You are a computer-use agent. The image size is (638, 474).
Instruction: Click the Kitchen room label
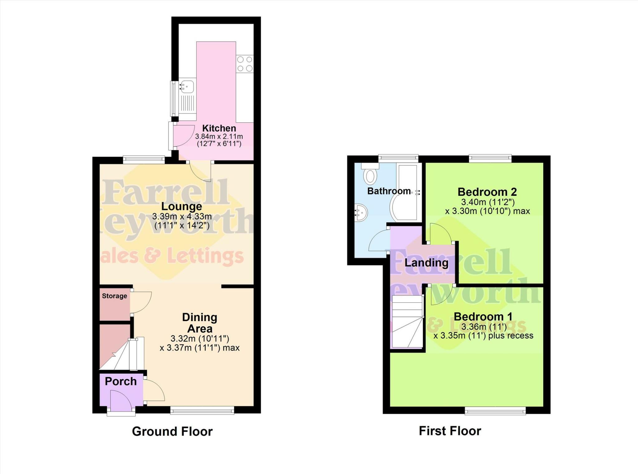pyautogui.click(x=219, y=128)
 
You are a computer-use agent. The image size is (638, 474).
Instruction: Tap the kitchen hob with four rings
pyautogui.click(x=245, y=64)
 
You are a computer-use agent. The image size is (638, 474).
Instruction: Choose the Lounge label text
pyautogui.click(x=182, y=206)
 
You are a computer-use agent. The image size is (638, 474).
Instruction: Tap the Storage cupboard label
pyautogui.click(x=114, y=296)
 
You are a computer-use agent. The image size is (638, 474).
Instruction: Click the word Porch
pyautogui.click(x=121, y=381)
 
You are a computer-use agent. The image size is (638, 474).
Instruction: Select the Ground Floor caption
pyautogui.click(x=172, y=431)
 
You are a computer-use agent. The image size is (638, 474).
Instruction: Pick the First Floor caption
pyautogui.click(x=450, y=431)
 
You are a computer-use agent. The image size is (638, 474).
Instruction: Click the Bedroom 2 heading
pyautogui.click(x=487, y=192)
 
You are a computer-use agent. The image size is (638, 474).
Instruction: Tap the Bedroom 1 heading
pyautogui.click(x=483, y=316)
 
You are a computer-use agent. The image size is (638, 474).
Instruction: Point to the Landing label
pyautogui.click(x=426, y=263)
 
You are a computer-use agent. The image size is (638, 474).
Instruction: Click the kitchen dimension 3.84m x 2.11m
pyautogui.click(x=219, y=136)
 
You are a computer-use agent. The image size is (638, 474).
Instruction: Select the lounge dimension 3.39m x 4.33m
pyautogui.click(x=182, y=216)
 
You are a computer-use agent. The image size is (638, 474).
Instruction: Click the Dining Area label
pyautogui.click(x=200, y=323)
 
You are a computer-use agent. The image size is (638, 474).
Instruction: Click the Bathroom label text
pyautogui.click(x=389, y=191)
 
